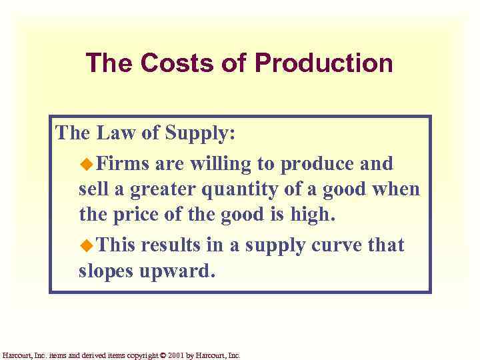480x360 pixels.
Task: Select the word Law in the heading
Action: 117,133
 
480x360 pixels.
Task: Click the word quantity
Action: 243,190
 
